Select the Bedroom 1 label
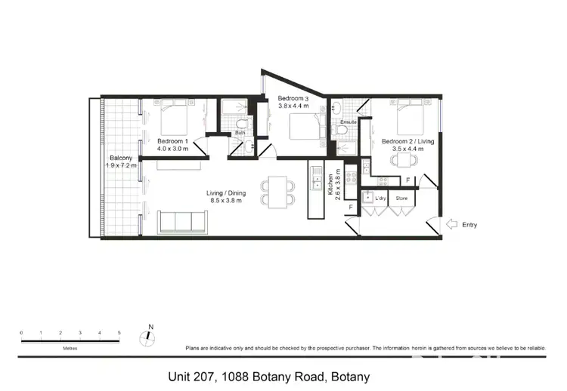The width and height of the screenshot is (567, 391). tap(173, 141)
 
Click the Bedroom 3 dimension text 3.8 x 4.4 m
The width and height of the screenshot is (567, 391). tap(293, 107)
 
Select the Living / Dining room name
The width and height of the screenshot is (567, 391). tap(226, 193)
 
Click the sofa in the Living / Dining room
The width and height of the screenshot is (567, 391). tap(182, 221)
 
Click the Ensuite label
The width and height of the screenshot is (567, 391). tap(349, 122)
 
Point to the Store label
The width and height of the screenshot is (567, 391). tap(401, 199)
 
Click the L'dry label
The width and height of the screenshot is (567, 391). tap(380, 199)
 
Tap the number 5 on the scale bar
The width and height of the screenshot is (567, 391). tap(119, 332)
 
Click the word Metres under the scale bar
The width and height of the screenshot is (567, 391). tap(70, 349)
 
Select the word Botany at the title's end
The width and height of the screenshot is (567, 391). tap(351, 376)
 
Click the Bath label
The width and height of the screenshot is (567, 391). tap(239, 132)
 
